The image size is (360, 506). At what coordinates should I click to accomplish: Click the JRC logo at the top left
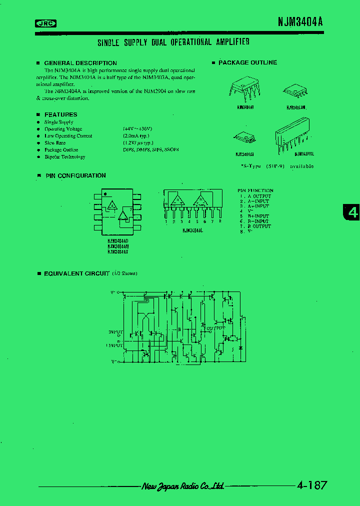point(45,22)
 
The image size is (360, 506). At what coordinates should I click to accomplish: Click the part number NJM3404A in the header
point(300,22)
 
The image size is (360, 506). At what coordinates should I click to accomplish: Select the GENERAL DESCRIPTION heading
point(80,63)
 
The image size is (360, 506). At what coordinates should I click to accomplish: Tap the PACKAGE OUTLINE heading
point(247,62)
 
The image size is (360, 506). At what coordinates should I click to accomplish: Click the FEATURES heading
point(60,114)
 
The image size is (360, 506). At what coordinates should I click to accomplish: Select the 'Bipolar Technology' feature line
point(64,156)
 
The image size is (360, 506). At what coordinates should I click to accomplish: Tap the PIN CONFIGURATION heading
point(75,175)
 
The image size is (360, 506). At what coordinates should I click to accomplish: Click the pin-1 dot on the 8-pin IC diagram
point(105,193)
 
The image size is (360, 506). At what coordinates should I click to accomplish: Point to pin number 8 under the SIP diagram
point(220,220)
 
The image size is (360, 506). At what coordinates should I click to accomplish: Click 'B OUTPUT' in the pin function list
point(257,226)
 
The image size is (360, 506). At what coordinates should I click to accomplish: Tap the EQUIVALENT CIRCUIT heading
point(76,273)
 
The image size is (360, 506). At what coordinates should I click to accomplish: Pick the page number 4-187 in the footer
point(312,485)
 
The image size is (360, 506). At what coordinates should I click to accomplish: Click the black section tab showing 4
point(352,212)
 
